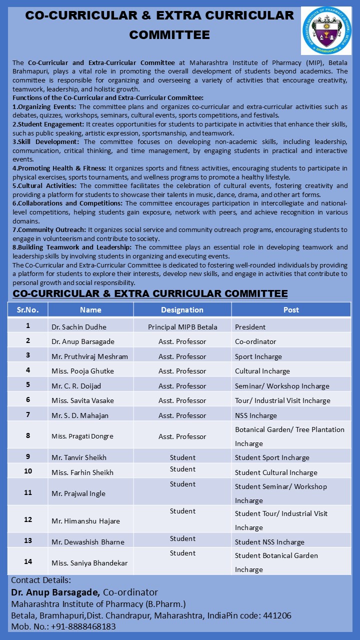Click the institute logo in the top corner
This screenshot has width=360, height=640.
point(326,30)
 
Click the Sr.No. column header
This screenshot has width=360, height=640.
point(28,309)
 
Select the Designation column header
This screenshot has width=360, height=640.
point(182,309)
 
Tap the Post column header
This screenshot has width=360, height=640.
point(291,309)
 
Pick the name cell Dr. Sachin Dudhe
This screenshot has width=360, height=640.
point(79,327)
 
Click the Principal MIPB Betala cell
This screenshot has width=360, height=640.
point(182,327)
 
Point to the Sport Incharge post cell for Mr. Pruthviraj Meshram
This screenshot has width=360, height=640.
point(258,356)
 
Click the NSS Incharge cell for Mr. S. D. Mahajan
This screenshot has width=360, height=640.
point(255,415)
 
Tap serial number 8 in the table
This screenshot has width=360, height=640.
point(28,435)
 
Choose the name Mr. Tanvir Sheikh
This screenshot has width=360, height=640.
point(79,457)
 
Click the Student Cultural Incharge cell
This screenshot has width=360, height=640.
point(276,472)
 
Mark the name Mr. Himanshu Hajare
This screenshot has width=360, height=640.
point(85,521)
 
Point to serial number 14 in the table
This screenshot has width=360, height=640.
point(28,561)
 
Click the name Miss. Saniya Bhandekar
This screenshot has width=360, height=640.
point(89,563)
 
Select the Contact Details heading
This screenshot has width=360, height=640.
point(41,580)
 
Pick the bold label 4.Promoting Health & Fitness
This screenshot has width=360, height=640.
point(59,168)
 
